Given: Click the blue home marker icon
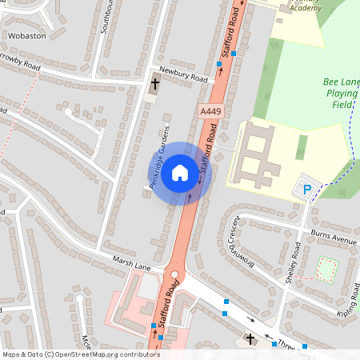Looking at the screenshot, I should pos(180,173).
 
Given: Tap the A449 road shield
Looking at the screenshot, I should pos(210,111).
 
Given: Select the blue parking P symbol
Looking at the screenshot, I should pos(306,190).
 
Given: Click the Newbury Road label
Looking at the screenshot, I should pos(183,74).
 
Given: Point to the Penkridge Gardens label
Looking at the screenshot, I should pos(160,156).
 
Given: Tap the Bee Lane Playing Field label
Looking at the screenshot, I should pos(341,93).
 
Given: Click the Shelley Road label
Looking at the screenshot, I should pos(294,262).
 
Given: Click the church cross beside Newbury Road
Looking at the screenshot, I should pos(155,82).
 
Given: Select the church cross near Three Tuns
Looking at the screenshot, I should pos(250,339).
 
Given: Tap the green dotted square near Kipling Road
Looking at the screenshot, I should pos(326,269).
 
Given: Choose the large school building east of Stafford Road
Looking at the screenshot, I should pos(258,152).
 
